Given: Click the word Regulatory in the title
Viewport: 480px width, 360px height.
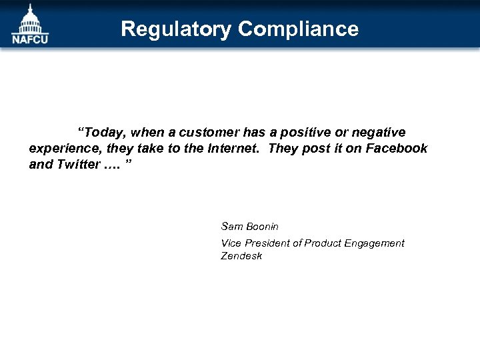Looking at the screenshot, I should [176, 29].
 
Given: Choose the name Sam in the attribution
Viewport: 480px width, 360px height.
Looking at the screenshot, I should [231, 227].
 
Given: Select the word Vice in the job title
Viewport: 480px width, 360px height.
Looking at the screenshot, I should [231, 243].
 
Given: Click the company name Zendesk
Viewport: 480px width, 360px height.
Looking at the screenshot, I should [241, 256].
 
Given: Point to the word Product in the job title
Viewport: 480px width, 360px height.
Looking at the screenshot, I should [322, 243].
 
